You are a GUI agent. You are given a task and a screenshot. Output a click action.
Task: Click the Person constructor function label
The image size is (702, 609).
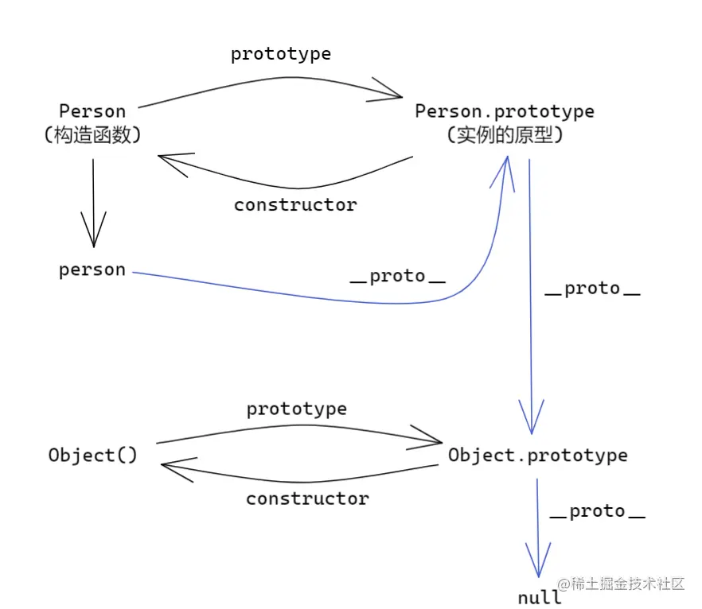(92, 111)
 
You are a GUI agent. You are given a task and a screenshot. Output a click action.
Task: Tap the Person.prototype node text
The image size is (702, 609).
(505, 111)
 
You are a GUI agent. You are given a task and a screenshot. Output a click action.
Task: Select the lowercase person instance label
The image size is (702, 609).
(92, 270)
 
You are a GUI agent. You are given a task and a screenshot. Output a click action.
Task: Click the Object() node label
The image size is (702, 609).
(92, 456)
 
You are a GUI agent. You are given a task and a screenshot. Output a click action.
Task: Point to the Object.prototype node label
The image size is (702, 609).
(537, 456)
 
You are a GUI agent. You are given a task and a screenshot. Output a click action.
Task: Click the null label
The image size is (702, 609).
(540, 597)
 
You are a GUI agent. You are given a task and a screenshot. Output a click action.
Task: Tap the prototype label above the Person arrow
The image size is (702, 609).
(280, 54)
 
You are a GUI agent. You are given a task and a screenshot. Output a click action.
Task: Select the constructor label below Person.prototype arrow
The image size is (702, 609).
(295, 205)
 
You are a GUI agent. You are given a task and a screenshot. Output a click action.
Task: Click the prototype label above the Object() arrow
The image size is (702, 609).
(296, 409)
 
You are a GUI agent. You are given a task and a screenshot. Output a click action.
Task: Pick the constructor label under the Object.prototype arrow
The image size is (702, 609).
(307, 499)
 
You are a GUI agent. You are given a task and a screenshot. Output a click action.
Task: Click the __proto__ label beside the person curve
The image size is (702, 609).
(398, 277)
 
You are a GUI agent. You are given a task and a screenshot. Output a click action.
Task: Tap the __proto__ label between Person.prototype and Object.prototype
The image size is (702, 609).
(592, 289)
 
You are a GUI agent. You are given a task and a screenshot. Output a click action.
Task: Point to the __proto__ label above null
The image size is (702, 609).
(597, 511)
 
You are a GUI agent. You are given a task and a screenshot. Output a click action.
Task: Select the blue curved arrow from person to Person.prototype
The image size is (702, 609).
(318, 297)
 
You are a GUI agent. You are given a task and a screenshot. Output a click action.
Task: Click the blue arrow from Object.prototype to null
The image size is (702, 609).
(538, 533)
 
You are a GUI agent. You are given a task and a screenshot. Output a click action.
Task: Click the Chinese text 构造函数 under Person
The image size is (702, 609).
(92, 135)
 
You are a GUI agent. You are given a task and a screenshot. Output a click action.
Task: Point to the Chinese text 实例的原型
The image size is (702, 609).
(505, 135)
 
